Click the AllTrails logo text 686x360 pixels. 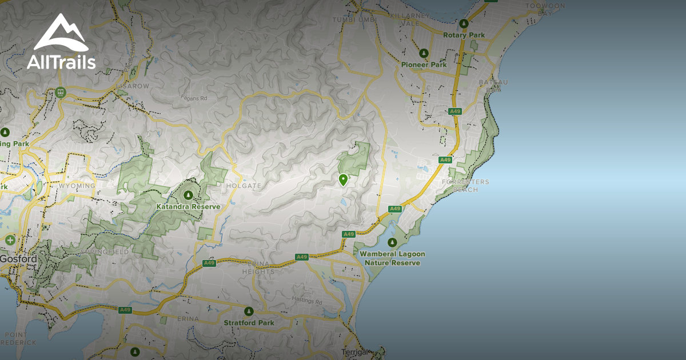(61, 62)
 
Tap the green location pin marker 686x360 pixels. (343, 180)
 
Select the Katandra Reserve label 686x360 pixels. (188, 206)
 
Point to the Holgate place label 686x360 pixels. (244, 186)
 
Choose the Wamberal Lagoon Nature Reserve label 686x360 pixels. (392, 258)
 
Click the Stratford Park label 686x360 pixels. (249, 323)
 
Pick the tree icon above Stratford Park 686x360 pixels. (249, 311)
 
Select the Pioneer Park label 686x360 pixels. (424, 65)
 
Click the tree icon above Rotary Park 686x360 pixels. (464, 24)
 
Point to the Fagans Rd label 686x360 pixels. (195, 98)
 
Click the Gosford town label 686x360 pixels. (18, 259)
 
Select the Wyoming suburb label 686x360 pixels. (77, 186)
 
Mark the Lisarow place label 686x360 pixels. (133, 86)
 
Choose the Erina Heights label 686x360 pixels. (258, 267)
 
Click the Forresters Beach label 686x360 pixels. (465, 186)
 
